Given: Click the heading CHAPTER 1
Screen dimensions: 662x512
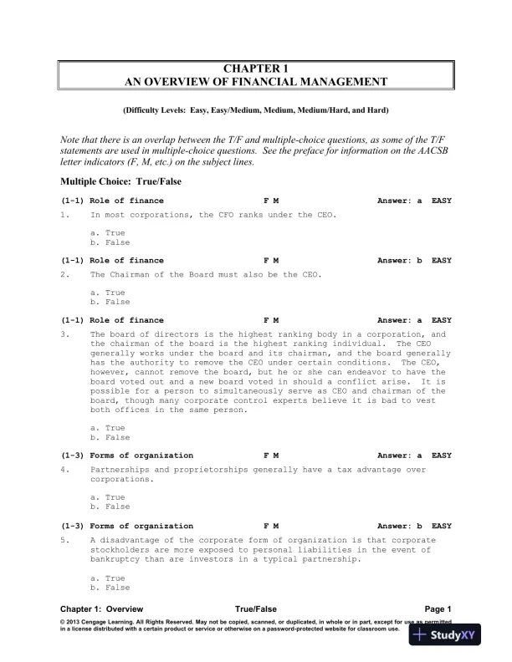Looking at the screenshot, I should point(255,68).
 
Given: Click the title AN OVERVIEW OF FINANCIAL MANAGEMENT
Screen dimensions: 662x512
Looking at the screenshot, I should point(255,82).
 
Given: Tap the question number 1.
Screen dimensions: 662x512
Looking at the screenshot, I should point(64,215).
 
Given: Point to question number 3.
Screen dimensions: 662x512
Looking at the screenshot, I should point(64,334).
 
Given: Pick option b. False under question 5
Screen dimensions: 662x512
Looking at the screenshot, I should point(109,587).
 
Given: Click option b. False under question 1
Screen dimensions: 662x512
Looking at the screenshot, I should point(109,242).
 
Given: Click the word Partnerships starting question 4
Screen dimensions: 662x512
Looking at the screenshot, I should point(119,471).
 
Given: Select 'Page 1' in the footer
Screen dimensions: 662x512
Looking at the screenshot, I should point(438,609).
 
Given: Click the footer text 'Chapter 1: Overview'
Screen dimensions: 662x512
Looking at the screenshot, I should point(101,609).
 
